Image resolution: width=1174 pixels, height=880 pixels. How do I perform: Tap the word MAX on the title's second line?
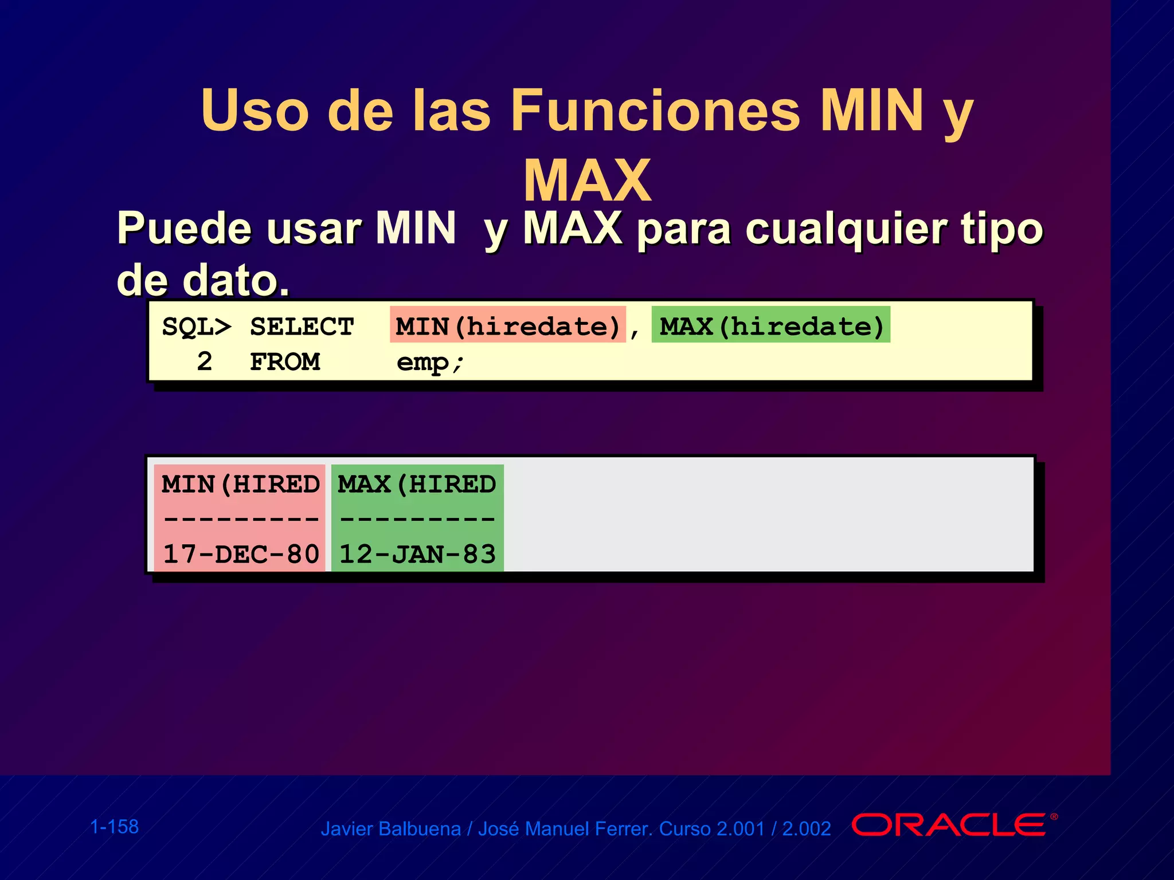(588, 181)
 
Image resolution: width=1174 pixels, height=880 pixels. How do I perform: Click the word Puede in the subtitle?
(185, 229)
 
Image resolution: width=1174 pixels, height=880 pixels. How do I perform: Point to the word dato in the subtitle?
(229, 281)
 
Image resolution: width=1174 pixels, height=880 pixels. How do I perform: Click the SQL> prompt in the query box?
(197, 327)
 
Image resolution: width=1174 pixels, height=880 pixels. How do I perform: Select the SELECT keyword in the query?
(302, 327)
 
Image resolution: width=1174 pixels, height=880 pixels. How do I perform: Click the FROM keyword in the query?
(285, 362)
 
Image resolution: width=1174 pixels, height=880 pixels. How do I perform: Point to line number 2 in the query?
(205, 362)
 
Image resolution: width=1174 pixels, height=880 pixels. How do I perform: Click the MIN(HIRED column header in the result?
(240, 485)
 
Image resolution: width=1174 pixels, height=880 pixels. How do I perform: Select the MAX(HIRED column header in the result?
(417, 485)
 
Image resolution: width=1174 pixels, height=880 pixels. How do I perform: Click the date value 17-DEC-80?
(241, 554)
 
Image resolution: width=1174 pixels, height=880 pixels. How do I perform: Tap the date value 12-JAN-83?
(417, 554)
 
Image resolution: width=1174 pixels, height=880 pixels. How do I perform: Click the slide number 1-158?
(115, 827)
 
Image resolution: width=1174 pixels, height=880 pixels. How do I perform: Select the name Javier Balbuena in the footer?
(390, 829)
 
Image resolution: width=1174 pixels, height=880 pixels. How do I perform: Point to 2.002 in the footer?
(807, 829)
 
